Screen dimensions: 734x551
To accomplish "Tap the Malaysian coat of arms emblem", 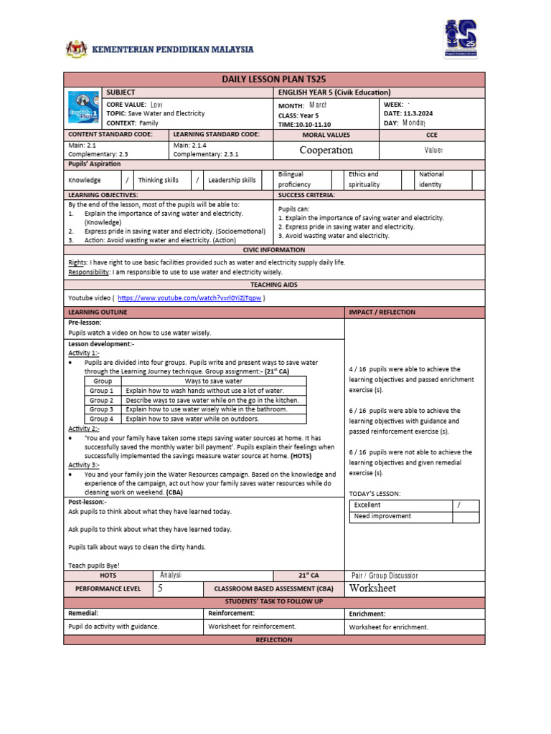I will pyautogui.click(x=75, y=49).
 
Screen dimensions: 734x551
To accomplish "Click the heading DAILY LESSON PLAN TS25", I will pyautogui.click(x=274, y=80).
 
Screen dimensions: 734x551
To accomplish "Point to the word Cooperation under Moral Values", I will pyautogui.click(x=326, y=150).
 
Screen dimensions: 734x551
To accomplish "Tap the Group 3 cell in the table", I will pyautogui.click(x=101, y=409).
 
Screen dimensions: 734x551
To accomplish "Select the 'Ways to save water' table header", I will pyautogui.click(x=213, y=381).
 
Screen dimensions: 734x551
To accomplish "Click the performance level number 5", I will pyautogui.click(x=161, y=588).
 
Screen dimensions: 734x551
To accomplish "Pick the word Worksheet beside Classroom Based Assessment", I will pyautogui.click(x=372, y=588).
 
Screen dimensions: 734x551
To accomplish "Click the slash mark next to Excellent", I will pyautogui.click(x=458, y=505).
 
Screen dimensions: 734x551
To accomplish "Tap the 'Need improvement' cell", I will pyautogui.click(x=382, y=516).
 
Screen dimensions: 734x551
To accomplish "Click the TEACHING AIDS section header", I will pyautogui.click(x=274, y=285).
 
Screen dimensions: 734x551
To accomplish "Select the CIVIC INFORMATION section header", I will pyautogui.click(x=274, y=250).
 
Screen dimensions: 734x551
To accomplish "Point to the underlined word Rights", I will pyautogui.click(x=77, y=262).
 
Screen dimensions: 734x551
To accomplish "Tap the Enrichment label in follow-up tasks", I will pyautogui.click(x=367, y=614).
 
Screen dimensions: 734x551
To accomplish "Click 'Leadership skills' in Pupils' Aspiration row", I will pyautogui.click(x=232, y=180).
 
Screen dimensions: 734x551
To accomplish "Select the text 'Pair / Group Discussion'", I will pyautogui.click(x=385, y=576).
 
